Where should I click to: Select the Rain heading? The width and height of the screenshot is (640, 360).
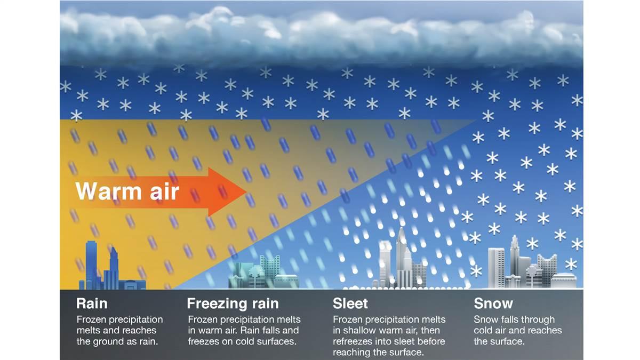(92, 303)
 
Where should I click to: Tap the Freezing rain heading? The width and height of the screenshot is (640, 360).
(233, 303)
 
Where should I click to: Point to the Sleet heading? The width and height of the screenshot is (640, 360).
(350, 303)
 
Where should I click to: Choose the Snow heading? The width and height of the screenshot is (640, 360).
(493, 303)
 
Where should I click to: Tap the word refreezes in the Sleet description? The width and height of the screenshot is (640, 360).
(354, 341)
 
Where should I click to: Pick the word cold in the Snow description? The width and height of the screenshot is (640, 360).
(485, 331)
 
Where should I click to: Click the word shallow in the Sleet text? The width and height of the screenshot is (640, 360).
(362, 331)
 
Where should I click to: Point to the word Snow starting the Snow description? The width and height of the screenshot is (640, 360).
(486, 319)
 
